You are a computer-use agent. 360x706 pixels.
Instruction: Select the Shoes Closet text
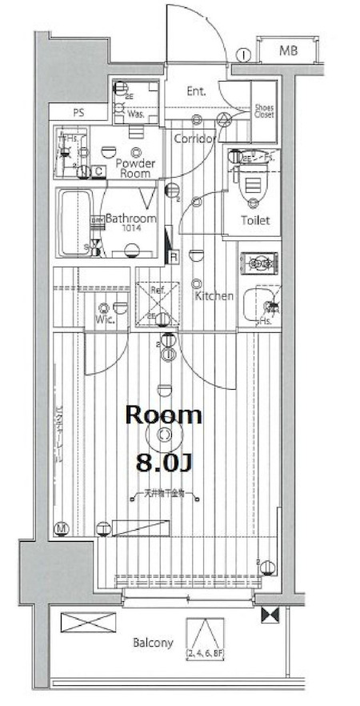coord(263,111)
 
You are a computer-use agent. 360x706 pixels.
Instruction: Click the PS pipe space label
coord(78,112)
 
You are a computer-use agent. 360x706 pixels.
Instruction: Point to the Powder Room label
coord(134,167)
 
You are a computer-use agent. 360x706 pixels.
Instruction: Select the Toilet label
coord(256,220)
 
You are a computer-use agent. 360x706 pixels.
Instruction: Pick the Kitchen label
coord(214,296)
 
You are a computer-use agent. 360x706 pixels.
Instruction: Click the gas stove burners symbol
coord(260,261)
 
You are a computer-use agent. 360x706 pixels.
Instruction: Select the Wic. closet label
coord(105,319)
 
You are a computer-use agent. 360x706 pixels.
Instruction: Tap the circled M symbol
coord(62,528)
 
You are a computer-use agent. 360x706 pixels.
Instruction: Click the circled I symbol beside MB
coord(244,54)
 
